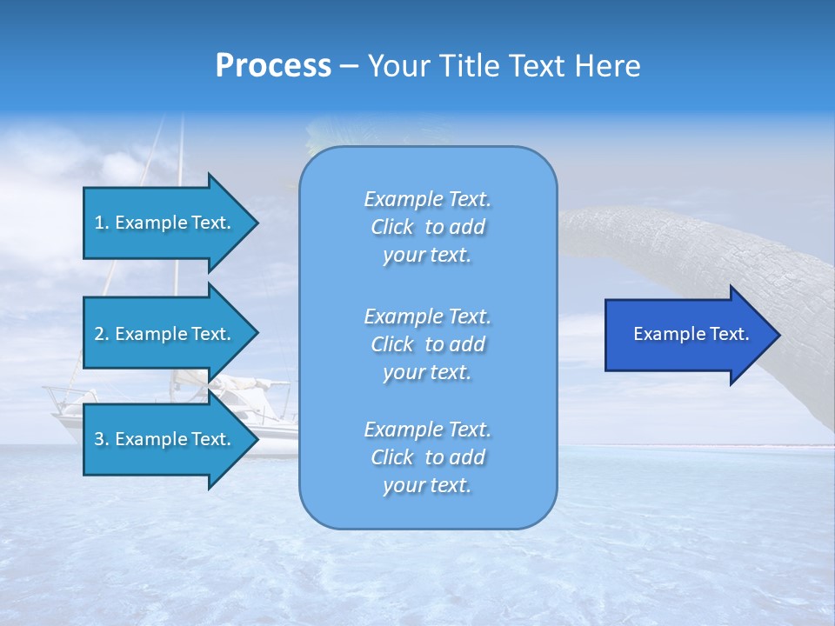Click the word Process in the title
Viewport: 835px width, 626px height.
click(x=273, y=66)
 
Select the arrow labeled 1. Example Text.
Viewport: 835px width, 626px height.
click(x=165, y=223)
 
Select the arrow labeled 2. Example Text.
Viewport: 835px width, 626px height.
click(x=165, y=334)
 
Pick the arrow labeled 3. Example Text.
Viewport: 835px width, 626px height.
click(x=165, y=439)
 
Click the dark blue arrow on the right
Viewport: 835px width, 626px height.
click(x=687, y=335)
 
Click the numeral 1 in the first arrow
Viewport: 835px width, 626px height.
click(x=99, y=223)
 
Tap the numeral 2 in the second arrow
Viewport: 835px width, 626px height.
click(x=99, y=334)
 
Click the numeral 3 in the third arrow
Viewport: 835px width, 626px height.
click(x=99, y=439)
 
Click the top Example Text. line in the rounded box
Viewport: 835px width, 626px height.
click(x=427, y=199)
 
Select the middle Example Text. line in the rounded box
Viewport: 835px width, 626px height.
click(x=427, y=316)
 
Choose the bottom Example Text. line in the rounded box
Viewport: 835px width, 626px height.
click(x=427, y=430)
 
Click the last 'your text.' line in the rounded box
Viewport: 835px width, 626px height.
click(x=427, y=486)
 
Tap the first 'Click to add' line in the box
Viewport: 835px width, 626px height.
click(x=427, y=228)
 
